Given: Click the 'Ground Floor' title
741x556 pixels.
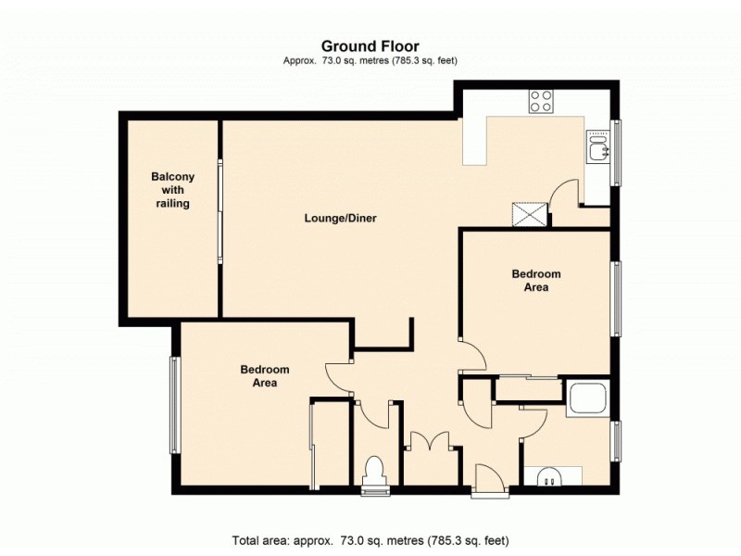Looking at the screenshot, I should pos(370,45).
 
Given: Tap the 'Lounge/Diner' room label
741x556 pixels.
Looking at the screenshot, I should pos(340,219).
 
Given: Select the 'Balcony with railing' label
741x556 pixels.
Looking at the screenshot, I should pos(172,190).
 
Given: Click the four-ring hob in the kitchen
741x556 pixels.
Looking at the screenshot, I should pos(541,100).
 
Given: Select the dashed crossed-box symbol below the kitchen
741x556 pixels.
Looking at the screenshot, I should pos(531,216).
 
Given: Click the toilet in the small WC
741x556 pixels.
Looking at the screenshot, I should pos(376,471).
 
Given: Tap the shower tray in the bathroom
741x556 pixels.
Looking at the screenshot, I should pos(587,398).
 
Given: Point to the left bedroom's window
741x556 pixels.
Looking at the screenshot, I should pos(173,405).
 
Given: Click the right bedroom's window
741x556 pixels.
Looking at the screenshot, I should pos(616,298).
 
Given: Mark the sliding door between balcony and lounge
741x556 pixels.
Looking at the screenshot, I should pos(220,211).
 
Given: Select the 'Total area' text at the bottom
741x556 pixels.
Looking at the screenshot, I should pos(370,539).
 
